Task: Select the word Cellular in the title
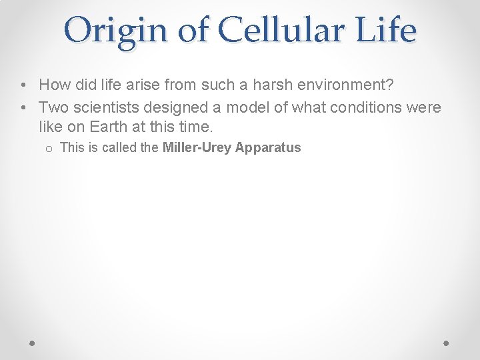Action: point(273,30)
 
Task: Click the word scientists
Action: point(97,107)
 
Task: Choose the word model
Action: point(225,107)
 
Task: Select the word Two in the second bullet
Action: point(52,107)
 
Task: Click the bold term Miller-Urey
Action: point(195,147)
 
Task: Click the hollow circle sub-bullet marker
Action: point(49,149)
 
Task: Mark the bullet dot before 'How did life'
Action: point(23,85)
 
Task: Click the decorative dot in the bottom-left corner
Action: point(33,343)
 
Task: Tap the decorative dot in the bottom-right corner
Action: point(447,343)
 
